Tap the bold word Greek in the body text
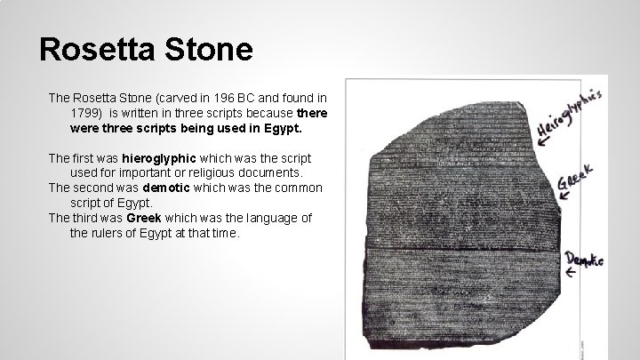point(145,218)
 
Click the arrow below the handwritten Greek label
point(564,195)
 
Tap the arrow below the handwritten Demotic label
point(572,275)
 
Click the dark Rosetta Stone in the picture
point(453,222)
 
